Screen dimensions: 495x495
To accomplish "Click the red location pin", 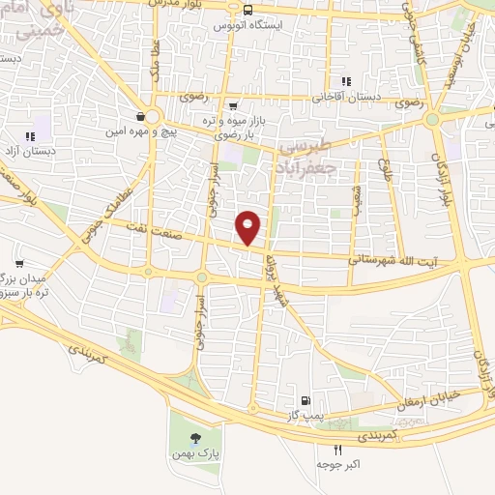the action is click(x=248, y=227).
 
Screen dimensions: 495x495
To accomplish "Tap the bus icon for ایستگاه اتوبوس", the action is click(x=248, y=11).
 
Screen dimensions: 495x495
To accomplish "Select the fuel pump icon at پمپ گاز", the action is click(x=306, y=400).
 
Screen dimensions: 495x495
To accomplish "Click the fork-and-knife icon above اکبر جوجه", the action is click(x=337, y=450).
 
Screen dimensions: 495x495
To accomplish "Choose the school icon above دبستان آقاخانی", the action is click(x=345, y=82).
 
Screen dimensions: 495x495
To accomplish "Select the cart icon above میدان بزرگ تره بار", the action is click(x=19, y=263).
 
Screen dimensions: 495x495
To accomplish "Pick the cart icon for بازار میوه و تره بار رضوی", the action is click(x=233, y=106).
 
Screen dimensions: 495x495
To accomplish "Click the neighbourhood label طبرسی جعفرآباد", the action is click(x=306, y=156).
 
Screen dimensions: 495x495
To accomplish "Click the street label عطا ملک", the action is click(x=154, y=58).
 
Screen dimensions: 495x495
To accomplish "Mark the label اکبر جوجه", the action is click(x=337, y=465).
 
